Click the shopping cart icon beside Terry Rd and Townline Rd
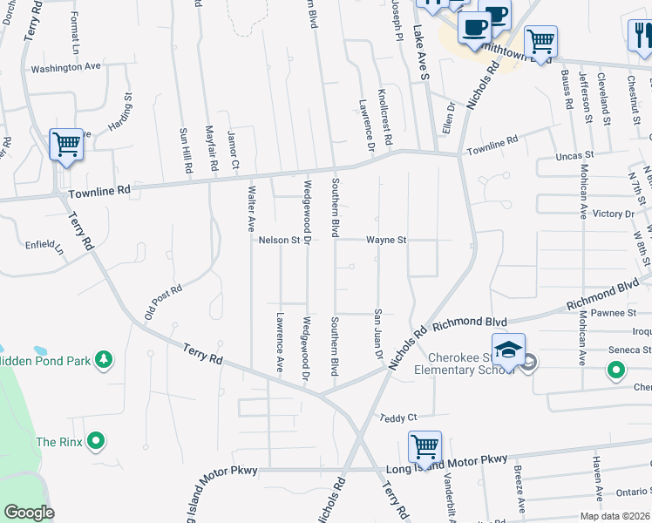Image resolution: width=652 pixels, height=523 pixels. [x=66, y=144]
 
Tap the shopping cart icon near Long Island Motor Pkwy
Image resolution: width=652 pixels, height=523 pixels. [x=424, y=446]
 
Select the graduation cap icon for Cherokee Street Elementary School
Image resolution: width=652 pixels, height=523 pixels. [x=508, y=350]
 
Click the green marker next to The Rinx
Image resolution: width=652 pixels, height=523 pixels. [x=97, y=442]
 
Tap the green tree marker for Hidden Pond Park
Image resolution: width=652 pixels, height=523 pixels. [x=104, y=359]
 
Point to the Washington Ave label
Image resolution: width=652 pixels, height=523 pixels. [x=60, y=68]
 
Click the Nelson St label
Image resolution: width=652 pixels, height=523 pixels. [x=279, y=240]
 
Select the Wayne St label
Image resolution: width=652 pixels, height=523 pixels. [x=386, y=240]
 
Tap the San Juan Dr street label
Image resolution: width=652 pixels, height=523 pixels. [x=378, y=332]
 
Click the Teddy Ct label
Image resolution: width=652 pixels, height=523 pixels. [x=399, y=418]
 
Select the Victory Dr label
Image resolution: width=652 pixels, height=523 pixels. [x=613, y=214]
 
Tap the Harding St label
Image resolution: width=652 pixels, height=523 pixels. [x=119, y=113]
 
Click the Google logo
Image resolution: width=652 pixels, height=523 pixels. [x=29, y=513]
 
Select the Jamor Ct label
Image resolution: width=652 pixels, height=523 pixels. [x=233, y=149]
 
